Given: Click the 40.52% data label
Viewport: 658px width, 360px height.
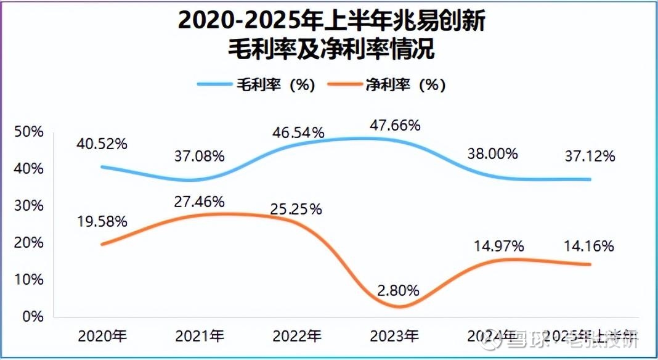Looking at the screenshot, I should point(102,144).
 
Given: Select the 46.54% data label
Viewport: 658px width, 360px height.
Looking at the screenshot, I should point(298,132).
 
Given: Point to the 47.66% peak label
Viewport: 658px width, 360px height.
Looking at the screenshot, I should point(395,125).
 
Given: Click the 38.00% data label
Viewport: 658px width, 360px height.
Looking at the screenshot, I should point(492,153).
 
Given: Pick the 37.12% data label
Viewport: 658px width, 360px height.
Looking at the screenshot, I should point(589,156).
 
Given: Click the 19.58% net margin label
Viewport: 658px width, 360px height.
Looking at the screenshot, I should point(102,221).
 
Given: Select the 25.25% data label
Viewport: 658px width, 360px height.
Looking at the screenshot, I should point(296,209).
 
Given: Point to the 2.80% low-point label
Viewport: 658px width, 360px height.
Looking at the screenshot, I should point(395,290).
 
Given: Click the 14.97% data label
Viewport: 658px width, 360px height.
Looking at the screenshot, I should point(498,247).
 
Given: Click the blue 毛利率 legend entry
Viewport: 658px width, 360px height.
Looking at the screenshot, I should point(256,84).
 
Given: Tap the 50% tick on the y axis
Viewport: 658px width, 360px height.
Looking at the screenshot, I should point(29,132).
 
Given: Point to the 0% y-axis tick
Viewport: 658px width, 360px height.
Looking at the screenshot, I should point(33,316).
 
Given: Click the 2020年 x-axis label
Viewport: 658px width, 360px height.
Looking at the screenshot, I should point(102,337).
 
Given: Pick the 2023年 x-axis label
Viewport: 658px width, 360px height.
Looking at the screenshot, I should point(394,337).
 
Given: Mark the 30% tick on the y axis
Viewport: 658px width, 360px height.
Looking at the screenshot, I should point(29,206).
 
